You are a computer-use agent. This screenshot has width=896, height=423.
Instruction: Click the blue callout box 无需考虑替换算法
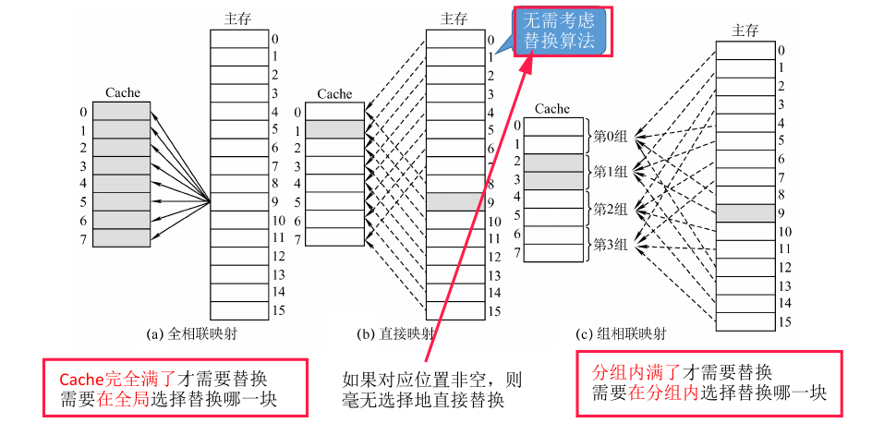564,30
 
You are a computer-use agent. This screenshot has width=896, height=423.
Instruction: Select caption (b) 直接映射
395,333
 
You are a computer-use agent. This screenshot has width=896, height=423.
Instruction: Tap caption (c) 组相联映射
620,333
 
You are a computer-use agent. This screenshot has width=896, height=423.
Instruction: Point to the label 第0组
611,136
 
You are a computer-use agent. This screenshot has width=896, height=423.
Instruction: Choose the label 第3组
611,244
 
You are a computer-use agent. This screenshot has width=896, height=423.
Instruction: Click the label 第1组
611,172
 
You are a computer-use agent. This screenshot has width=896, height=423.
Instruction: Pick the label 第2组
611,208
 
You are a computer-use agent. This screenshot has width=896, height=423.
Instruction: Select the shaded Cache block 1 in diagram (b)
334,129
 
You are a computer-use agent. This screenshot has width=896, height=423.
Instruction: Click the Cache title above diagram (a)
123,92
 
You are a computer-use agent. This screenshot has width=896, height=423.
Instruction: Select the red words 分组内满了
636,373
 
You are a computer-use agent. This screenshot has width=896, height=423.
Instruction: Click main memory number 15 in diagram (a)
278,310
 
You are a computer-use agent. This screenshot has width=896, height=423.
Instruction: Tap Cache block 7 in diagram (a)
121,237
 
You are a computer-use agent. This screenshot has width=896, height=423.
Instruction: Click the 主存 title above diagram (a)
238,18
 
